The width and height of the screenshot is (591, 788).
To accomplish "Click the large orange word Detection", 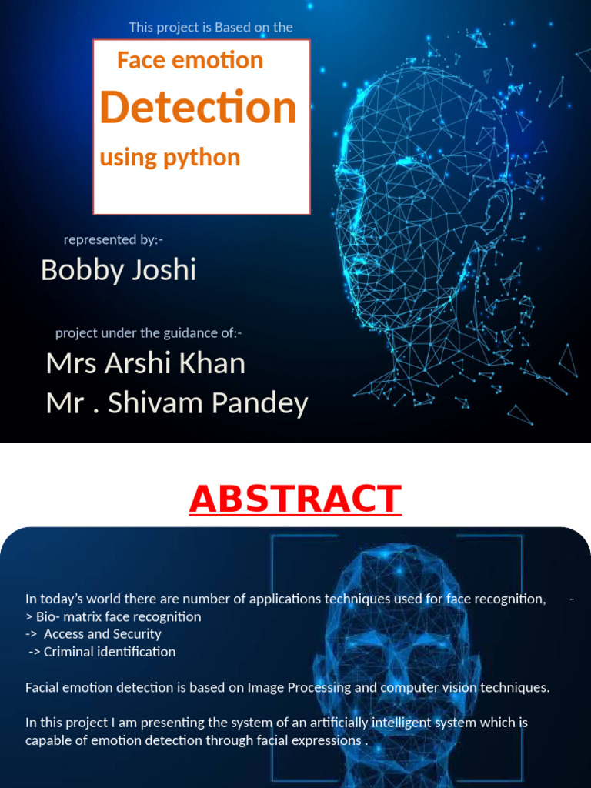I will pos(198,108).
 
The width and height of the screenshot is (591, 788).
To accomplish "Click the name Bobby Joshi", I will pos(119,270).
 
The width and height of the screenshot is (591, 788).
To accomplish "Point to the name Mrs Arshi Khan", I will pos(145,363).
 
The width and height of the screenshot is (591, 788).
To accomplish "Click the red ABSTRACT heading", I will pos(295,499).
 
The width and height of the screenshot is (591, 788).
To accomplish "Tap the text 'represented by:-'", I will pos(113,239).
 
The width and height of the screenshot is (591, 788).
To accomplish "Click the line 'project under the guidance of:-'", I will pos(149,333).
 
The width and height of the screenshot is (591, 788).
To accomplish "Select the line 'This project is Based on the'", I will pos(211,28).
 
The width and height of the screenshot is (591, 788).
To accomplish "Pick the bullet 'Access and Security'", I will pos(102,634).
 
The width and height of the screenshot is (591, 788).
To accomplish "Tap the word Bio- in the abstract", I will pos(51,616).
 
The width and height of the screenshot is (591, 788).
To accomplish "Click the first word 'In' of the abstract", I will pos(31,599).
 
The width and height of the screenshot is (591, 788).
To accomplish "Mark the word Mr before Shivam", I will pos(63,403).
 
